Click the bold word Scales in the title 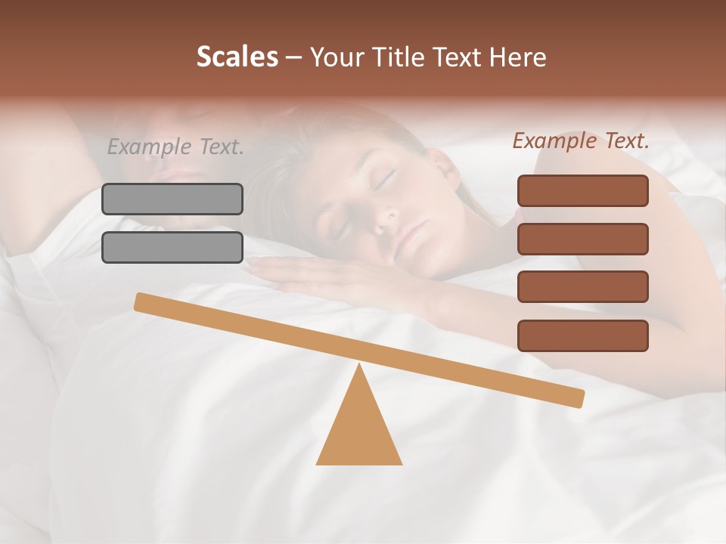click(237, 57)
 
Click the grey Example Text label click(175, 147)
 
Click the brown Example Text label click(581, 141)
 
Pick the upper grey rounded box click(172, 199)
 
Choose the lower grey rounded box click(172, 247)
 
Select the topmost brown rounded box click(582, 190)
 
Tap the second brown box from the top click(582, 239)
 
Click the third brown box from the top click(582, 286)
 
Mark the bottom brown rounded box click(582, 335)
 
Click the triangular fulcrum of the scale click(359, 431)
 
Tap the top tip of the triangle click(359, 366)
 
